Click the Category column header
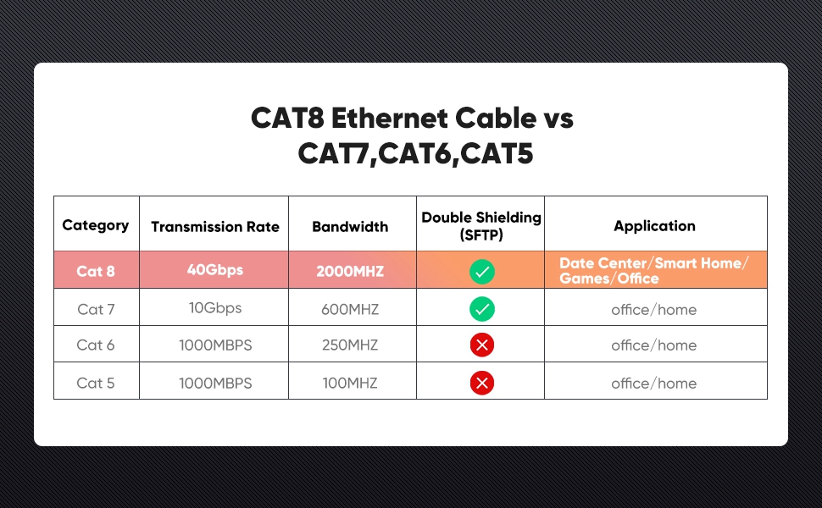(96, 225)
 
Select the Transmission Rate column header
(214, 227)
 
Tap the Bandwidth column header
(350, 227)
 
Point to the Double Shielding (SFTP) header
(480, 226)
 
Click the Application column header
(654, 226)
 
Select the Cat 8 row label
(96, 272)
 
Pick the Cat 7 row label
(96, 310)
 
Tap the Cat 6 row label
(96, 345)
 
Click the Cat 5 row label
(96, 384)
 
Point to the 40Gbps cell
(214, 271)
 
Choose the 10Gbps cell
(215, 308)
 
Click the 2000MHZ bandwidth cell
(350, 272)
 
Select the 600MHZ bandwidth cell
(350, 310)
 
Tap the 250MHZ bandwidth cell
(350, 345)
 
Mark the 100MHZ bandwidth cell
(350, 384)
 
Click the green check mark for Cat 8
(482, 272)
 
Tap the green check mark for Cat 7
(482, 310)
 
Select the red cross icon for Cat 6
(482, 345)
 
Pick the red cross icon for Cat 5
(482, 384)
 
